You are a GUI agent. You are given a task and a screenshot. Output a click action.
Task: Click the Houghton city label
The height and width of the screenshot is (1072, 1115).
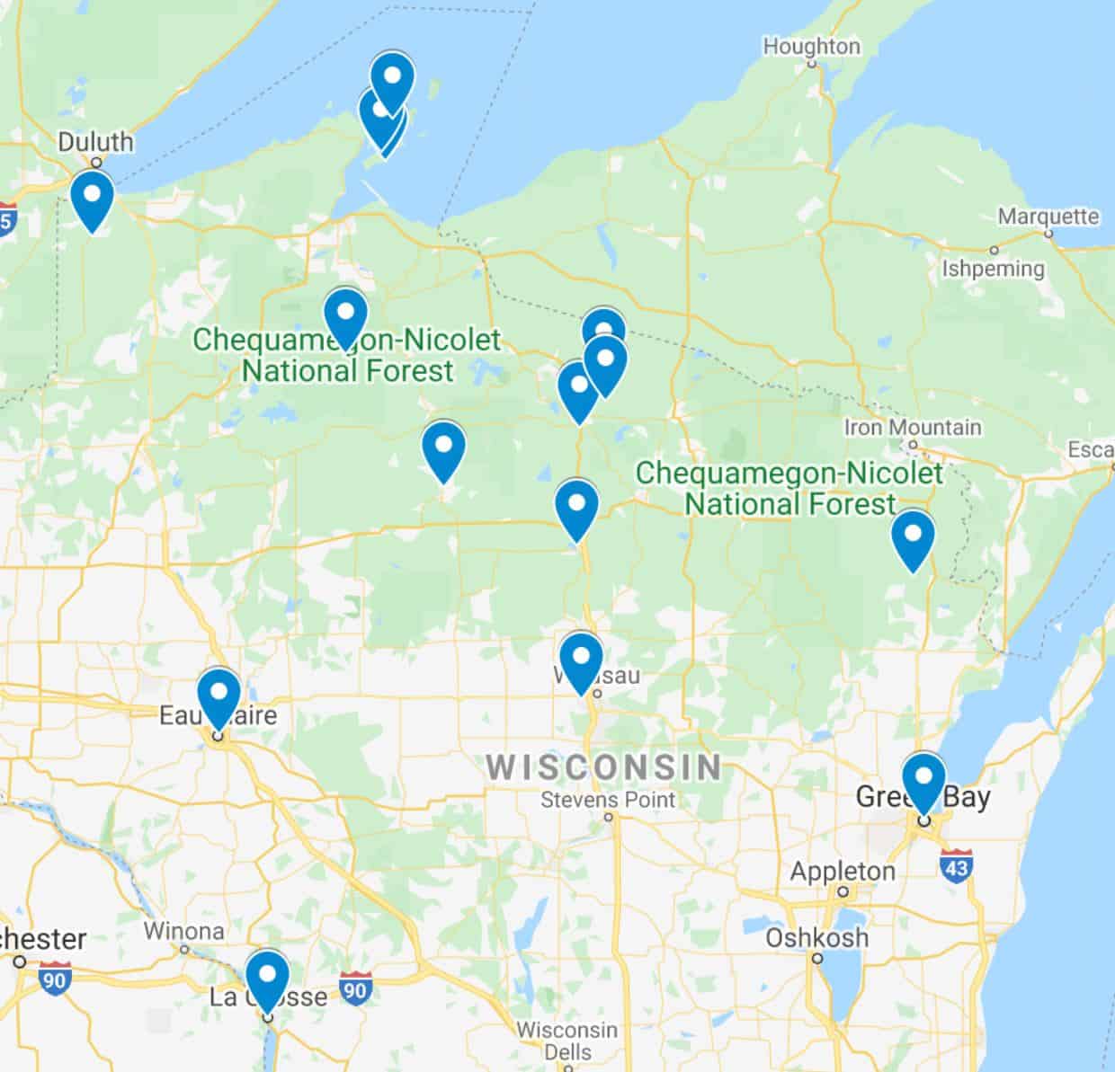coord(811,46)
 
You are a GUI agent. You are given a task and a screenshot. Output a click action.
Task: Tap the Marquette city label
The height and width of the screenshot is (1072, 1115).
coord(1048,217)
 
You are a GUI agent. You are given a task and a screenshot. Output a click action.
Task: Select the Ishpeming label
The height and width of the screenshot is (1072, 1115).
coord(993,268)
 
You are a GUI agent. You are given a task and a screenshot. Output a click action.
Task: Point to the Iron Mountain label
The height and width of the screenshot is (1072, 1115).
coord(913,428)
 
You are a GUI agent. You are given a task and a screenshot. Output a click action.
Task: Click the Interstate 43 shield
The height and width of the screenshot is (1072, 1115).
coord(955,865)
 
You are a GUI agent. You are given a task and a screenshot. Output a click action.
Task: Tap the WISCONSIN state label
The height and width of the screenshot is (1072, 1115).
coord(603,767)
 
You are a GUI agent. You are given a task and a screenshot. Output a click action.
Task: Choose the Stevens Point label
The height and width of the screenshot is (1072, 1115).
coord(607,799)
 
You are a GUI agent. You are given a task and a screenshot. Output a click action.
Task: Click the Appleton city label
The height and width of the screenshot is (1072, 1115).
coord(843,871)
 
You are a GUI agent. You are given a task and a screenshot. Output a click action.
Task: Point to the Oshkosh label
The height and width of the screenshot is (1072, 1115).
coord(816,937)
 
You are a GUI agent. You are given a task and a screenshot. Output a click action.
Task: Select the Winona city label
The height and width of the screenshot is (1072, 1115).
coord(183,930)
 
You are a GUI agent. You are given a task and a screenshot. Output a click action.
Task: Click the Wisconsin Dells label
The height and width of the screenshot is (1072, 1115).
coord(567,1040)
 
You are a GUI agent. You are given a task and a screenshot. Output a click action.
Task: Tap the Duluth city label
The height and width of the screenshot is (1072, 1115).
coord(95,142)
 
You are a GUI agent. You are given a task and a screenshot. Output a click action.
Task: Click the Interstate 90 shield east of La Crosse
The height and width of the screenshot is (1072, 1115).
coord(356,988)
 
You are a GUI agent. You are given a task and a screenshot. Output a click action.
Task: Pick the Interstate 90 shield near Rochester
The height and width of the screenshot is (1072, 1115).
coord(55,979)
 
